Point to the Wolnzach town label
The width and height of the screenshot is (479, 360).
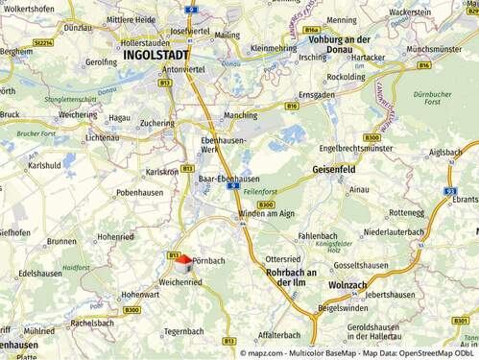tap(347, 285)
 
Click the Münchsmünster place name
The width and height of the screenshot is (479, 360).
tap(440, 47)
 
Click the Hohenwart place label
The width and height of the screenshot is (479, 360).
tap(140, 294)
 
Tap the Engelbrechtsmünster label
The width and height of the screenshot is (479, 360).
tap(356, 149)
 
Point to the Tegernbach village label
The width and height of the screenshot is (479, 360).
tap(183, 330)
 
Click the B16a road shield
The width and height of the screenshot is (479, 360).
tap(311, 30)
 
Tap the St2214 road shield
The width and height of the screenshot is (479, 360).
tap(41, 42)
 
